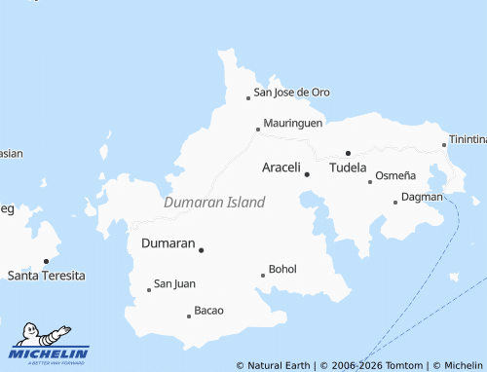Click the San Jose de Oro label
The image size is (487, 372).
pyautogui.click(x=291, y=93)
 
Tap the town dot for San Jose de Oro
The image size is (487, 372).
pyautogui.click(x=248, y=97)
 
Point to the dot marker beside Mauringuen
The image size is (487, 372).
pyautogui.click(x=257, y=129)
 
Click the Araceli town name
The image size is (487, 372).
pyautogui.click(x=281, y=167)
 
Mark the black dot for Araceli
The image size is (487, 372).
pyautogui.click(x=307, y=174)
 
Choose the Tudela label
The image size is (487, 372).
pyautogui.click(x=349, y=167)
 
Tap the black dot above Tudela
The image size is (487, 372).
pyautogui.click(x=348, y=153)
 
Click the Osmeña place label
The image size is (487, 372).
pyautogui.click(x=395, y=175)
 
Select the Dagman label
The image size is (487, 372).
pyautogui.click(x=422, y=197)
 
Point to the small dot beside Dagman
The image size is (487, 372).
pyautogui.click(x=395, y=202)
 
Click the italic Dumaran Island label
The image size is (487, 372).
pyautogui.click(x=214, y=203)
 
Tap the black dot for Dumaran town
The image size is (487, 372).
pyautogui.click(x=202, y=250)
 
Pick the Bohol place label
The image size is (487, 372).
pyautogui.click(x=282, y=269)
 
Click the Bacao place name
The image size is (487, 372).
pyautogui.click(x=209, y=311)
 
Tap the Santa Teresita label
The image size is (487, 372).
pyautogui.click(x=46, y=276)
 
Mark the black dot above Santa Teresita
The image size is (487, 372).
pyautogui.click(x=46, y=261)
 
